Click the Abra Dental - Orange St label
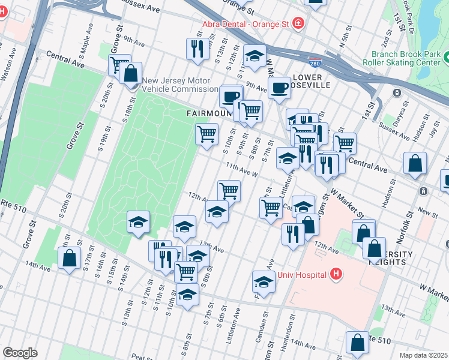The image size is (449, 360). (x=246, y=23)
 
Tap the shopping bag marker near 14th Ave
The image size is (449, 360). (x=70, y=258)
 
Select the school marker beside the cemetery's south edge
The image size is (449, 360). (x=138, y=222)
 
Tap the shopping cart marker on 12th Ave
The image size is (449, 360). (x=229, y=190)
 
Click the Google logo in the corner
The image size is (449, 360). (x=20, y=353)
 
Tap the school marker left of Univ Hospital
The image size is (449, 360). (x=264, y=280)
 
